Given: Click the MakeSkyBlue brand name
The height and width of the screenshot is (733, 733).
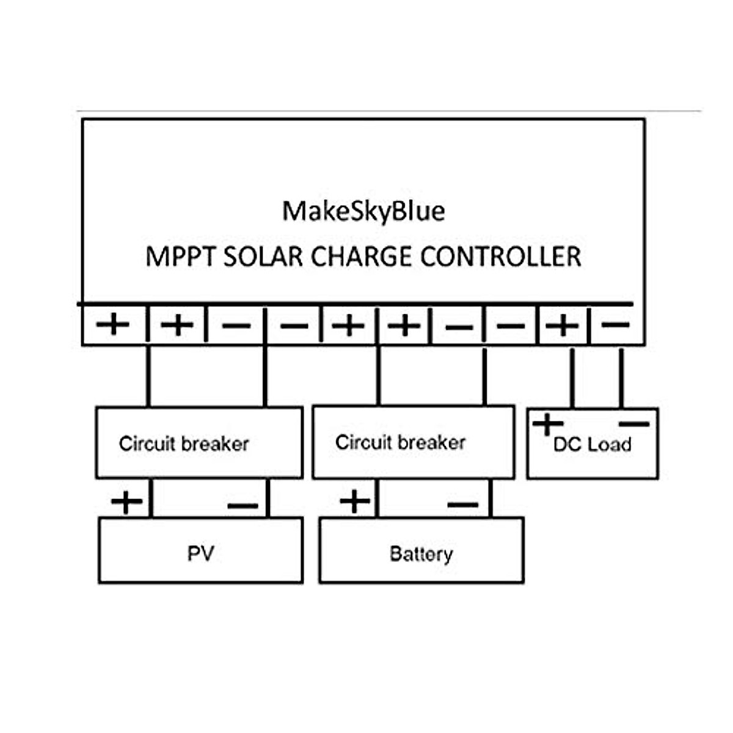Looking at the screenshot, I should click(363, 211).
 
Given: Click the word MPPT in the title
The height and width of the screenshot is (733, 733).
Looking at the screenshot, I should click(180, 257).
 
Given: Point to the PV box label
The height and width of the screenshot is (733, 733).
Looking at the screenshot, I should click(200, 553).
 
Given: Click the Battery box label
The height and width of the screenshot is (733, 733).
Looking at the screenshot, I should click(421, 554).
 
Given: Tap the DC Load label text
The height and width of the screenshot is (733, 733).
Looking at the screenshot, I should click(592, 445).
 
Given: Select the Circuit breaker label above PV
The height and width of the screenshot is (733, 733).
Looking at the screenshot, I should click(184, 443).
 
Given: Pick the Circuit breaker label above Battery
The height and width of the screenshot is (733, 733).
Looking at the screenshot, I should click(401, 442).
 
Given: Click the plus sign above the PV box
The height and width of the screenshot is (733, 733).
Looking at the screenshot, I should click(126, 502).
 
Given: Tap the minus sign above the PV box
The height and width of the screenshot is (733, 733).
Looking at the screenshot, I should click(243, 506).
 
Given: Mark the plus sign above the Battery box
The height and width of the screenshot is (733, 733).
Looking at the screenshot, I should click(355, 501).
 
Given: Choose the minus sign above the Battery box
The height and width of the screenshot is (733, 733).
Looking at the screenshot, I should click(463, 505).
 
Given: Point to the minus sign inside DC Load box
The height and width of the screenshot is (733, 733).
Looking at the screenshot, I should click(635, 423).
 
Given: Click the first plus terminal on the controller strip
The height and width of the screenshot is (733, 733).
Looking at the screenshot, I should click(113, 324).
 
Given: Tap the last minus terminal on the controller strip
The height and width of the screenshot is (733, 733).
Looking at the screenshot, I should click(615, 324).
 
